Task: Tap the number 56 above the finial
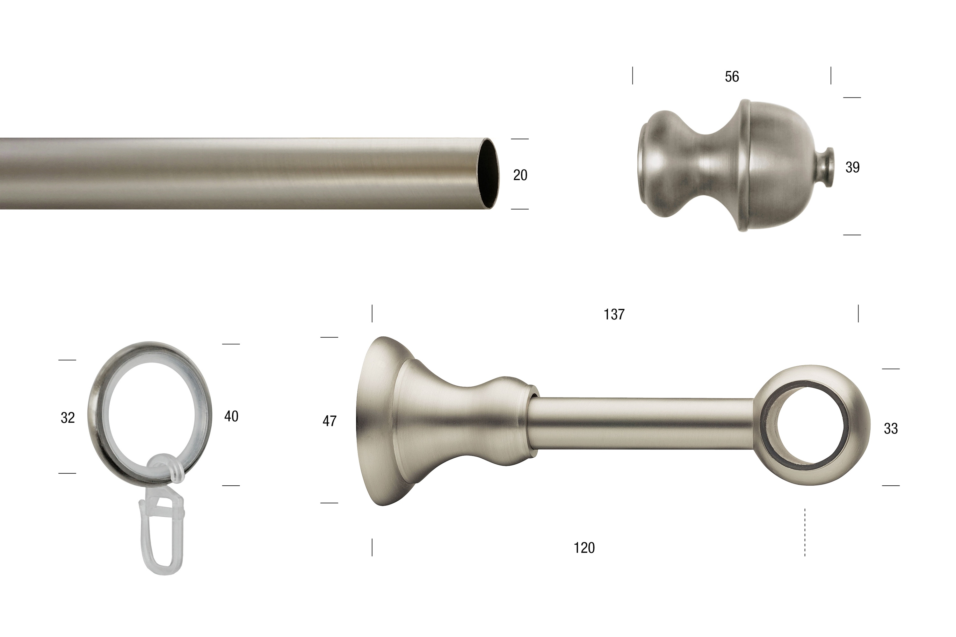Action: pos(732,77)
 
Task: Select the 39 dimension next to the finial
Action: pos(852,168)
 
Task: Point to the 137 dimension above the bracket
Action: pos(614,314)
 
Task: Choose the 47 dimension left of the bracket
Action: pos(329,421)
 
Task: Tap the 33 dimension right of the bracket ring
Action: pos(891,429)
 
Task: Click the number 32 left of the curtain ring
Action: pos(68,418)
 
